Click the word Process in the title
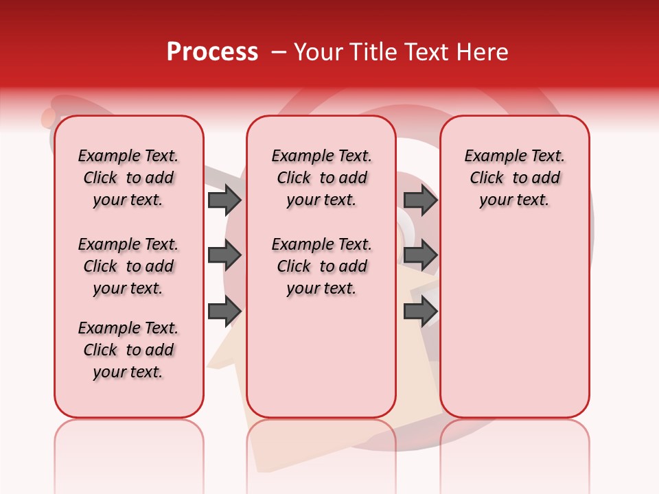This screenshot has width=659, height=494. (x=212, y=52)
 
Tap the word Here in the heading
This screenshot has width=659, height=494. (x=483, y=52)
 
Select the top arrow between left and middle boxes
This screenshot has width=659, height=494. (x=224, y=200)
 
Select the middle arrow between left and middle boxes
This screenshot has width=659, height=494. (x=224, y=255)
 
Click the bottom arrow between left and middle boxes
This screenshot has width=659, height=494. (x=224, y=311)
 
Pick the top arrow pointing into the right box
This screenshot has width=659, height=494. (x=420, y=200)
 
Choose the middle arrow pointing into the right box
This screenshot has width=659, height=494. (x=420, y=255)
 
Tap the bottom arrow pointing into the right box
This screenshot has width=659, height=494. (x=420, y=311)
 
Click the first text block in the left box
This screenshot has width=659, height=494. (x=128, y=178)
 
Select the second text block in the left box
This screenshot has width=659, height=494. (x=128, y=266)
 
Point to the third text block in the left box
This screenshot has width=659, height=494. (x=128, y=350)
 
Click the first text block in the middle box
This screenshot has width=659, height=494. (x=321, y=178)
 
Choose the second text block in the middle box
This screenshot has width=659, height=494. (x=321, y=266)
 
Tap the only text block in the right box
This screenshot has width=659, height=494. (x=514, y=178)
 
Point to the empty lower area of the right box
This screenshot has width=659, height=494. (x=514, y=322)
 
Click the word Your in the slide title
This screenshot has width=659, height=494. (x=315, y=52)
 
